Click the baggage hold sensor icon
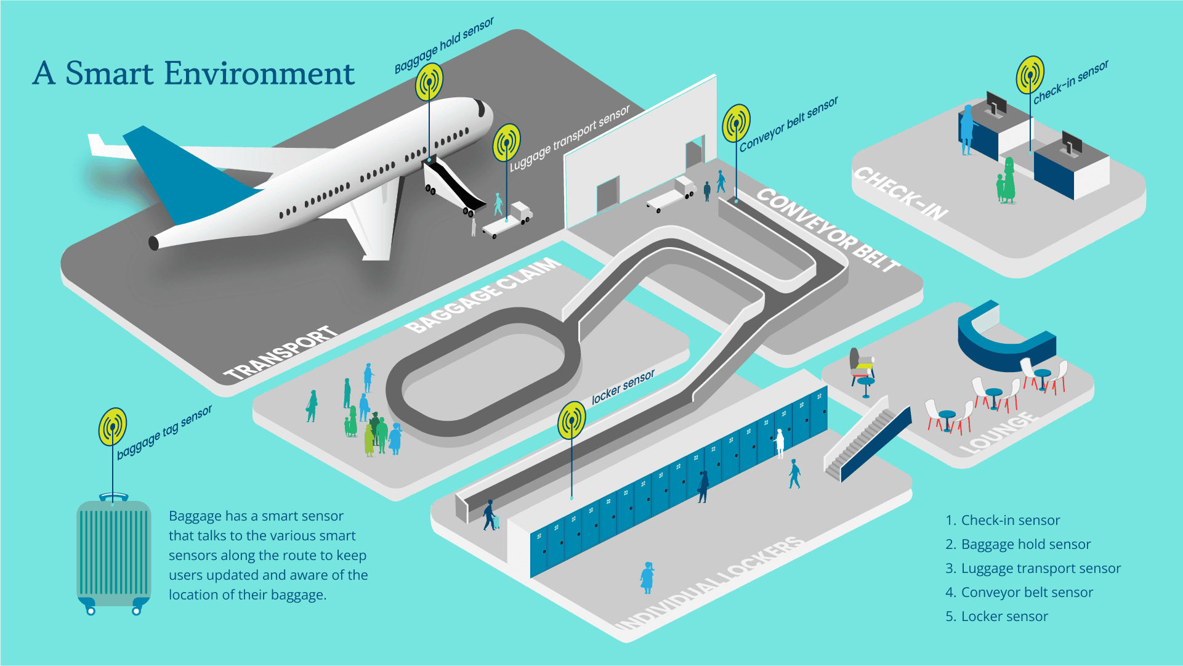click(x=429, y=81)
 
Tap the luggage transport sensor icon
click(x=506, y=142)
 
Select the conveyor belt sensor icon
click(x=736, y=123)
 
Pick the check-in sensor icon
click(x=1030, y=75)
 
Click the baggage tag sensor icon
click(x=113, y=426)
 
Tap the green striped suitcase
click(x=113, y=551)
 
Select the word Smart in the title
click(x=110, y=73)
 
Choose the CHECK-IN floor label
click(x=900, y=193)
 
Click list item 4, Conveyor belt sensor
click(x=1019, y=592)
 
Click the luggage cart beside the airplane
click(x=508, y=221)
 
